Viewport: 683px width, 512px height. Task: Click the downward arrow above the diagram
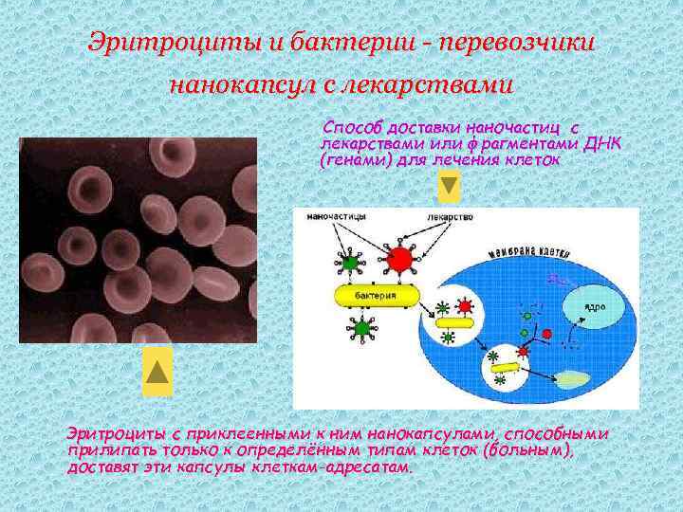(449, 187)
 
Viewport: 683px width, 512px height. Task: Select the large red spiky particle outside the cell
(401, 259)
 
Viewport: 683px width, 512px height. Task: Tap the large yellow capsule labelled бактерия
(374, 297)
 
